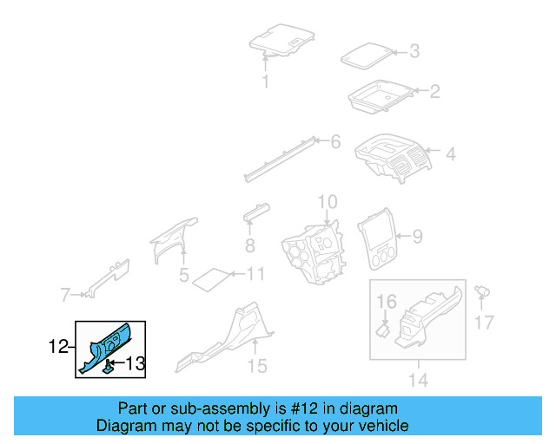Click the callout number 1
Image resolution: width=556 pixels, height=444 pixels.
266,82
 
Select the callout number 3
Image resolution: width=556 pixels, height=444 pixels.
414,51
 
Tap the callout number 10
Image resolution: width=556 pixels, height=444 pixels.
326,203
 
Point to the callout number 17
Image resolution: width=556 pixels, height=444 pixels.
484,323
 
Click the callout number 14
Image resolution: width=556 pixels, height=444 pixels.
418,380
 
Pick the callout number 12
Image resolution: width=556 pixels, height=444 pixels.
57,347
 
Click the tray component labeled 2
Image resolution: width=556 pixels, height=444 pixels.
381,95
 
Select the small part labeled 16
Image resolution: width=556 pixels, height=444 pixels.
381,328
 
